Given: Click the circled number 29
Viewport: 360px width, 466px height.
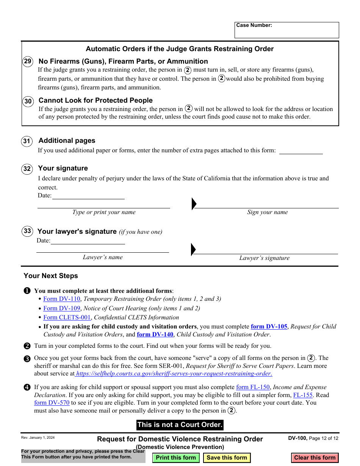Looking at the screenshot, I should coord(28,61).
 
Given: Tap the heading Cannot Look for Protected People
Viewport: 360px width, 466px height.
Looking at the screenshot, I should coord(95,100).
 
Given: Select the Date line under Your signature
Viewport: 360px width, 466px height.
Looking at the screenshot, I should coord(88,195).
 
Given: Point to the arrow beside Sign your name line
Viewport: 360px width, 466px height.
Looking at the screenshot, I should coord(194,204).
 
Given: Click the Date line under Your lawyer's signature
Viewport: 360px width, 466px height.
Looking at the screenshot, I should coord(88,241).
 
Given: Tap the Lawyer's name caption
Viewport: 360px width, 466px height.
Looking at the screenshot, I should coord(103,257).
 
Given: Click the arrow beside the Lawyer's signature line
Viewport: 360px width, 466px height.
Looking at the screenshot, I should coord(193,250).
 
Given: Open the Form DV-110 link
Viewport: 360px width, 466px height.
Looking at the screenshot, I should coord(62,299).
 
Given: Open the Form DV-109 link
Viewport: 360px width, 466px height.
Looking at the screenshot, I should coord(62,308).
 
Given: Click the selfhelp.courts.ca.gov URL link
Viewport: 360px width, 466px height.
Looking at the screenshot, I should coord(174,374).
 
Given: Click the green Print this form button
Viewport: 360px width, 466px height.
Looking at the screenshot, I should coord(176,458).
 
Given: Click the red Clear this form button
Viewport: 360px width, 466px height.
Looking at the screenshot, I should coord(315,458).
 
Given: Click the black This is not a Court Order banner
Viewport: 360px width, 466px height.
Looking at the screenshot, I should coord(180,425).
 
